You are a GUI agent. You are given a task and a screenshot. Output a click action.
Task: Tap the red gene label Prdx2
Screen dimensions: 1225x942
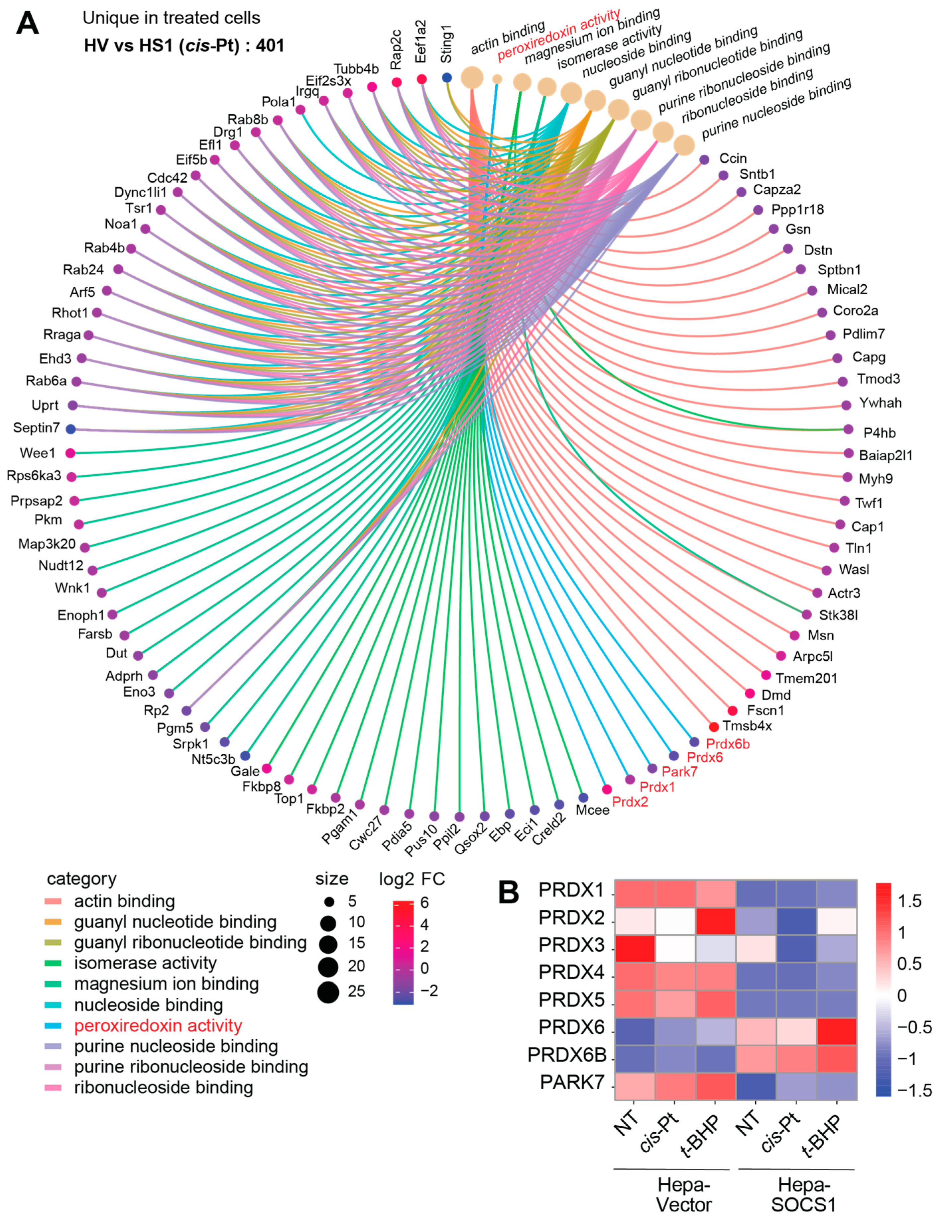(x=630, y=802)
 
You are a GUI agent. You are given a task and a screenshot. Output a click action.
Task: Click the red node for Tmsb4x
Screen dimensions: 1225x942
(x=714, y=727)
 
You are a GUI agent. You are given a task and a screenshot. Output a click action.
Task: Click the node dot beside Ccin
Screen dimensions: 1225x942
(x=705, y=160)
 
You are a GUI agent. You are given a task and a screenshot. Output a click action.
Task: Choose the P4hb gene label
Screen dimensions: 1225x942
(x=879, y=432)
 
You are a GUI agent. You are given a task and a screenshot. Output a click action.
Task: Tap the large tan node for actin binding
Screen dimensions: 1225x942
(x=472, y=77)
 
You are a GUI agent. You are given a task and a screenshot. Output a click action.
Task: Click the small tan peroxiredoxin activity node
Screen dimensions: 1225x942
(x=497, y=79)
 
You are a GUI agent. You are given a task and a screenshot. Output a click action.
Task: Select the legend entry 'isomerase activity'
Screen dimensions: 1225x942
(x=145, y=963)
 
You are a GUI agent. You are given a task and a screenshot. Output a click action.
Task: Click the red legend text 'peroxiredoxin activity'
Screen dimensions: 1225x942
(x=158, y=1025)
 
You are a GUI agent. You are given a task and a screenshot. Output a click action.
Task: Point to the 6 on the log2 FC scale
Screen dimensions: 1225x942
(x=424, y=902)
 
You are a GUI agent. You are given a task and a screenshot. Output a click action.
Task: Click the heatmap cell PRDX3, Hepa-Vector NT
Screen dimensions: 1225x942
(x=635, y=948)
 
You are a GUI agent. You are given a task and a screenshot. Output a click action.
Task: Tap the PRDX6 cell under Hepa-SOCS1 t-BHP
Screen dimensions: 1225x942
(x=837, y=1031)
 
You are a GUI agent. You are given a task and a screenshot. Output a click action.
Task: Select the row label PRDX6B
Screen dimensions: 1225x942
(x=567, y=1055)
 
